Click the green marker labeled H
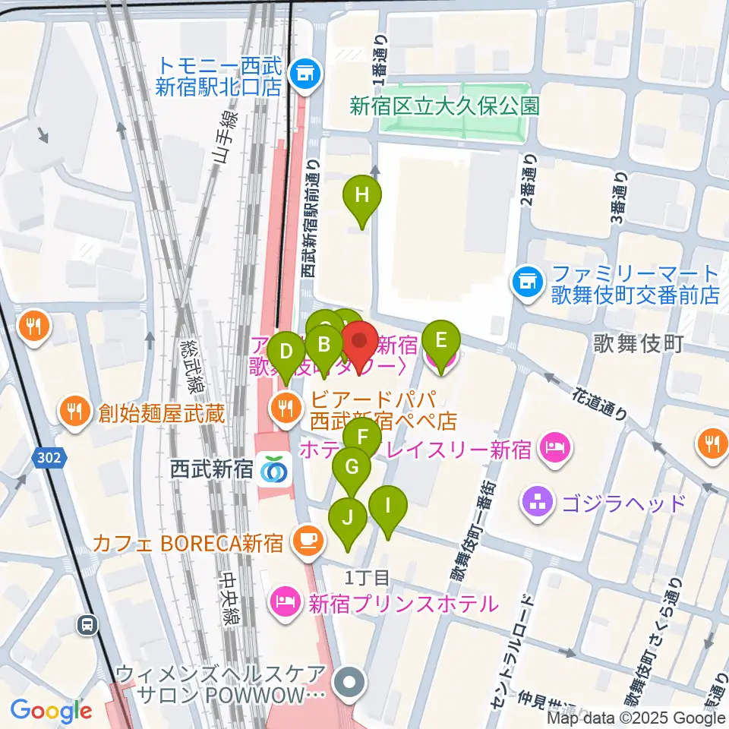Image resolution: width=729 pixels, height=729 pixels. pos(362,197)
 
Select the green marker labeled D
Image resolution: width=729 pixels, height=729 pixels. pos(286,352)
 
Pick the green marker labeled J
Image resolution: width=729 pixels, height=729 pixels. pos(348,519)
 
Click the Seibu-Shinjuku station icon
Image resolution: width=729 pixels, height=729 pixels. pos(273,470)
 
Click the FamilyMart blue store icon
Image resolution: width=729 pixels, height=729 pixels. pos(525,282)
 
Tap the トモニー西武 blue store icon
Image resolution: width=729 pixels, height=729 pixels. pos(306,74)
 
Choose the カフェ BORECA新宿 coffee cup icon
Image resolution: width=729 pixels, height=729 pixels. pos(308,542)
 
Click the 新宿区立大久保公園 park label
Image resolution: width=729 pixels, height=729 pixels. pos(444,105)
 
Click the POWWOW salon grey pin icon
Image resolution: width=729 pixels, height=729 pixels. pos(349,683)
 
